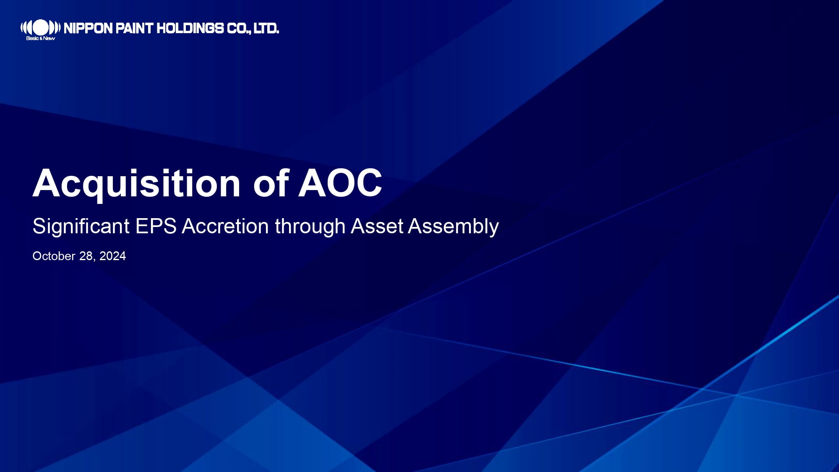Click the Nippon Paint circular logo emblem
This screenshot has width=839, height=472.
(x=40, y=28)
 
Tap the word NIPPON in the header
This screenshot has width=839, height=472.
(x=88, y=28)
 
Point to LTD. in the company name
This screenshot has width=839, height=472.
(x=266, y=28)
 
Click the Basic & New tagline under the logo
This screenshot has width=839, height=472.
(x=40, y=38)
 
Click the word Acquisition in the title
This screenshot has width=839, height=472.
(x=137, y=184)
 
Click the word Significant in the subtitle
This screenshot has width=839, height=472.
(x=81, y=227)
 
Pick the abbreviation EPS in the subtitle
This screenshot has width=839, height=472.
(x=156, y=226)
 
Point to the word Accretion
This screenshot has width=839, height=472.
(x=225, y=226)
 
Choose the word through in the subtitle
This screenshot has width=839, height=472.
(x=310, y=227)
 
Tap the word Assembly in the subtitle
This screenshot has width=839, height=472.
(x=453, y=227)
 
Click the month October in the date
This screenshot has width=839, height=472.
(x=54, y=256)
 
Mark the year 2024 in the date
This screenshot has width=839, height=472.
(x=112, y=256)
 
